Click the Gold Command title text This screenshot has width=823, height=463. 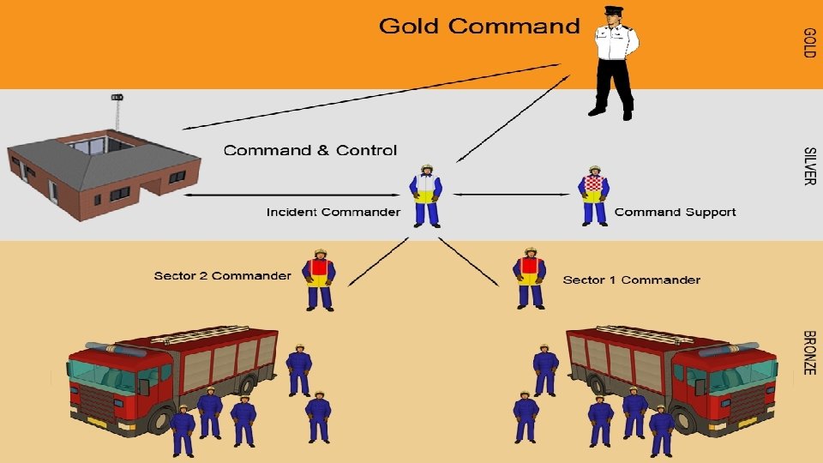coord(479,26)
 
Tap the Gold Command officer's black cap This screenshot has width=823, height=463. coord(613,11)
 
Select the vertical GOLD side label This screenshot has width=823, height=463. coord(808,43)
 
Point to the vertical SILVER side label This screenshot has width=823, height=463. coord(808,165)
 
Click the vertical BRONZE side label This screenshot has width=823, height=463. coord(808,352)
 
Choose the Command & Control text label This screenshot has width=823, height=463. coord(310,151)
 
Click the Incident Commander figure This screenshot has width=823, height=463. coord(426,195)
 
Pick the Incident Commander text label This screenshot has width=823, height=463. coord(333,212)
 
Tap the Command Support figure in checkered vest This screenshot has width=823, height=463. coord(594,195)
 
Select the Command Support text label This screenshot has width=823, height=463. coord(675,212)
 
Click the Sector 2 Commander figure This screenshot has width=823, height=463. coord(320,279)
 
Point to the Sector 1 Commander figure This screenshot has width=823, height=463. coord(530,279)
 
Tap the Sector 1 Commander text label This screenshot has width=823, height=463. coord(631,280)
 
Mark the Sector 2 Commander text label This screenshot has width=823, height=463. coord(222,276)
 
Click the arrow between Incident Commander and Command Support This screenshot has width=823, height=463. coord(512,194)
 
